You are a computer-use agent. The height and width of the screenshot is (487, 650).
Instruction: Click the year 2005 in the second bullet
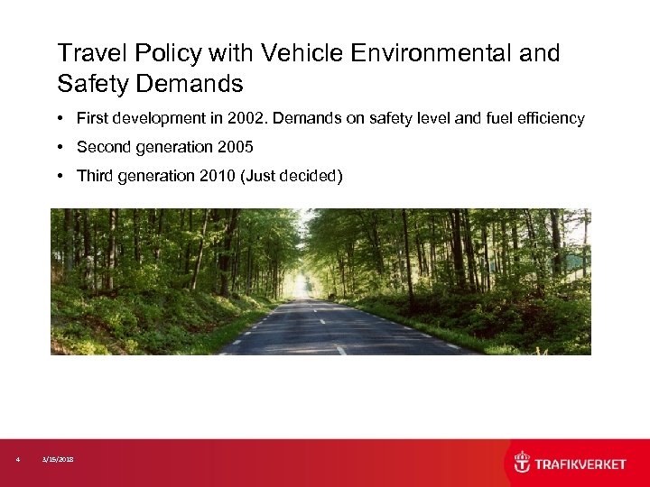pos(234,147)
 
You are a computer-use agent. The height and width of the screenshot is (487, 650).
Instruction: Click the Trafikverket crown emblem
pos(522,463)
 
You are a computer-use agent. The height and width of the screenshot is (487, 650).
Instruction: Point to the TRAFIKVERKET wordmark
pos(580,464)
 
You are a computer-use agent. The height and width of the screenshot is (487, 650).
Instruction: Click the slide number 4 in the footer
pos(18,460)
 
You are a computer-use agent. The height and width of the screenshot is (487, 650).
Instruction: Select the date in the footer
pos(59,460)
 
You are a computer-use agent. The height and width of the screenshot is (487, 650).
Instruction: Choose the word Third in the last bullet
pos(96,176)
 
